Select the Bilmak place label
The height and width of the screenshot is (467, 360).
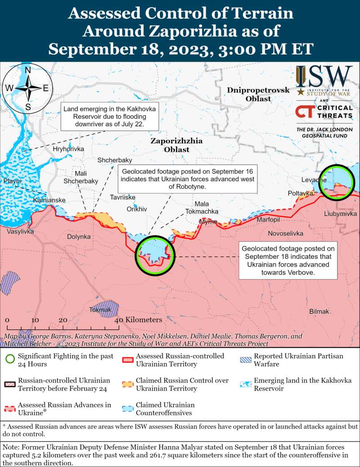tap(319, 311)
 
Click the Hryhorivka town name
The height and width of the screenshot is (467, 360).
tap(68, 149)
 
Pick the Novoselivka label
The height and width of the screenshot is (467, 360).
tap(285, 233)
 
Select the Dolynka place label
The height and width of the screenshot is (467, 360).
tap(79, 236)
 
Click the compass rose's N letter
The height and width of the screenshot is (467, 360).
tap(28, 70)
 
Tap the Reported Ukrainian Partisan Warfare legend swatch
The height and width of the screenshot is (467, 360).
tap(246, 360)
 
